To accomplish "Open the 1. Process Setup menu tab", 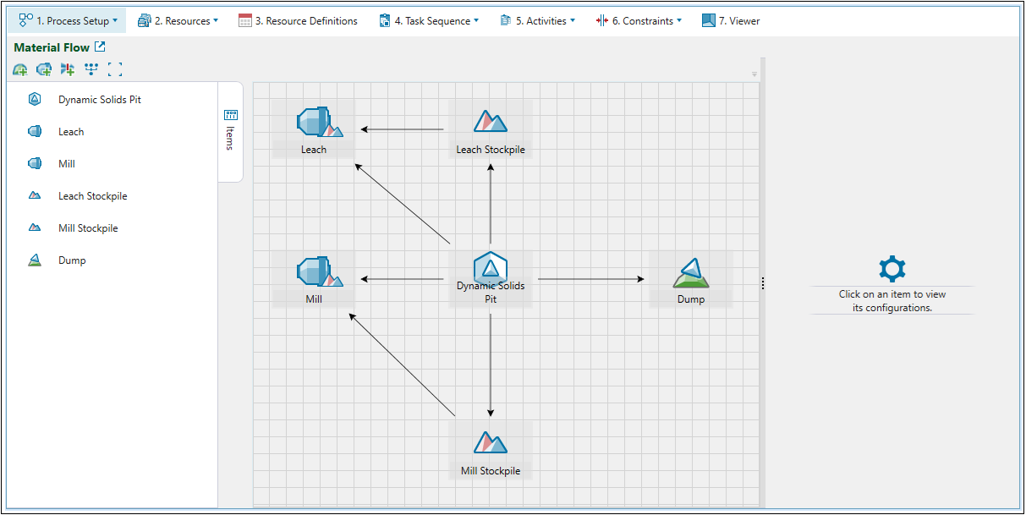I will pos(68,21).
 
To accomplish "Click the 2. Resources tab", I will pos(178,21).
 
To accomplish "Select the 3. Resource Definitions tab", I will pos(298,21).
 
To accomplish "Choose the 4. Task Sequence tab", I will pos(428,21).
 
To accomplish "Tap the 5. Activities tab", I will pos(537,21).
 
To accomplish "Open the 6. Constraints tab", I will pos(639,21).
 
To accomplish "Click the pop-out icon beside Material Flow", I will pos(100,47).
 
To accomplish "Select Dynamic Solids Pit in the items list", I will pos(99,100).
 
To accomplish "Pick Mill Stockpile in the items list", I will pos(87,228).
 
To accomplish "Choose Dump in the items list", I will pos(72,260).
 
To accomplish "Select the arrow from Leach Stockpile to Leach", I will pos(402,129).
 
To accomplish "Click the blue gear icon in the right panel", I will pos(892,269).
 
